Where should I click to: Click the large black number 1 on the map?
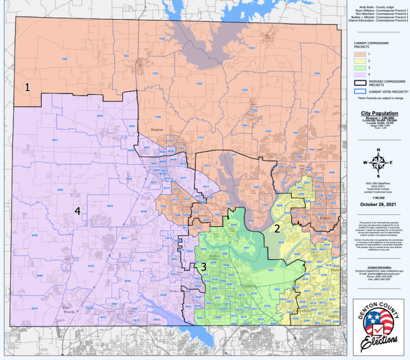click(27, 87)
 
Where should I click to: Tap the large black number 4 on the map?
click(77, 211)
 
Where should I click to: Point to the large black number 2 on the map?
click(277, 229)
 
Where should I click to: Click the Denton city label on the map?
click(157, 130)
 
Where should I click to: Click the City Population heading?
click(379, 114)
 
